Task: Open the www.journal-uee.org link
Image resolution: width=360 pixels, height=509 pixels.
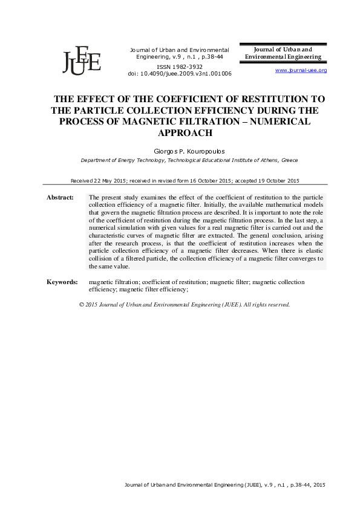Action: (301, 71)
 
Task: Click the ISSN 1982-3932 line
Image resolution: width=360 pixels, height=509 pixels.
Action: (180, 66)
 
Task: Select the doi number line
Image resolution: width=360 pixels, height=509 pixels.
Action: (180, 73)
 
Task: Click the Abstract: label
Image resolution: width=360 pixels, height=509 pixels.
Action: (61, 198)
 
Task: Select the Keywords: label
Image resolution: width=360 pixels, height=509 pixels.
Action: (62, 282)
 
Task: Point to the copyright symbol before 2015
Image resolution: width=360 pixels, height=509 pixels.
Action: (82, 305)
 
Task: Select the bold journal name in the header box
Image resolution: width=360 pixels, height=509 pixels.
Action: (283, 53)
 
